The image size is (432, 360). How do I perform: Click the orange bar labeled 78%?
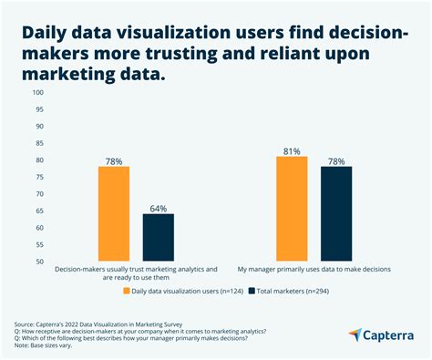point(114,213)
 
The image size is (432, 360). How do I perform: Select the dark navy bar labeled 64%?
point(158,237)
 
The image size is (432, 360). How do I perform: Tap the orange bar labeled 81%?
point(292,209)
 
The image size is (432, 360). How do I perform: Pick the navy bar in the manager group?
point(335,213)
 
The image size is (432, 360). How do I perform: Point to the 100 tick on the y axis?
point(37,92)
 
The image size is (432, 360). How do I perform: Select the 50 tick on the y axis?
point(39,262)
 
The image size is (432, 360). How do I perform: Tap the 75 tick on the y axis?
point(39,177)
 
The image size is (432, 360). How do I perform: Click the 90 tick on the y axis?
point(39,126)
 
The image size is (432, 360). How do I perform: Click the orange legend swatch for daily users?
point(127,292)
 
